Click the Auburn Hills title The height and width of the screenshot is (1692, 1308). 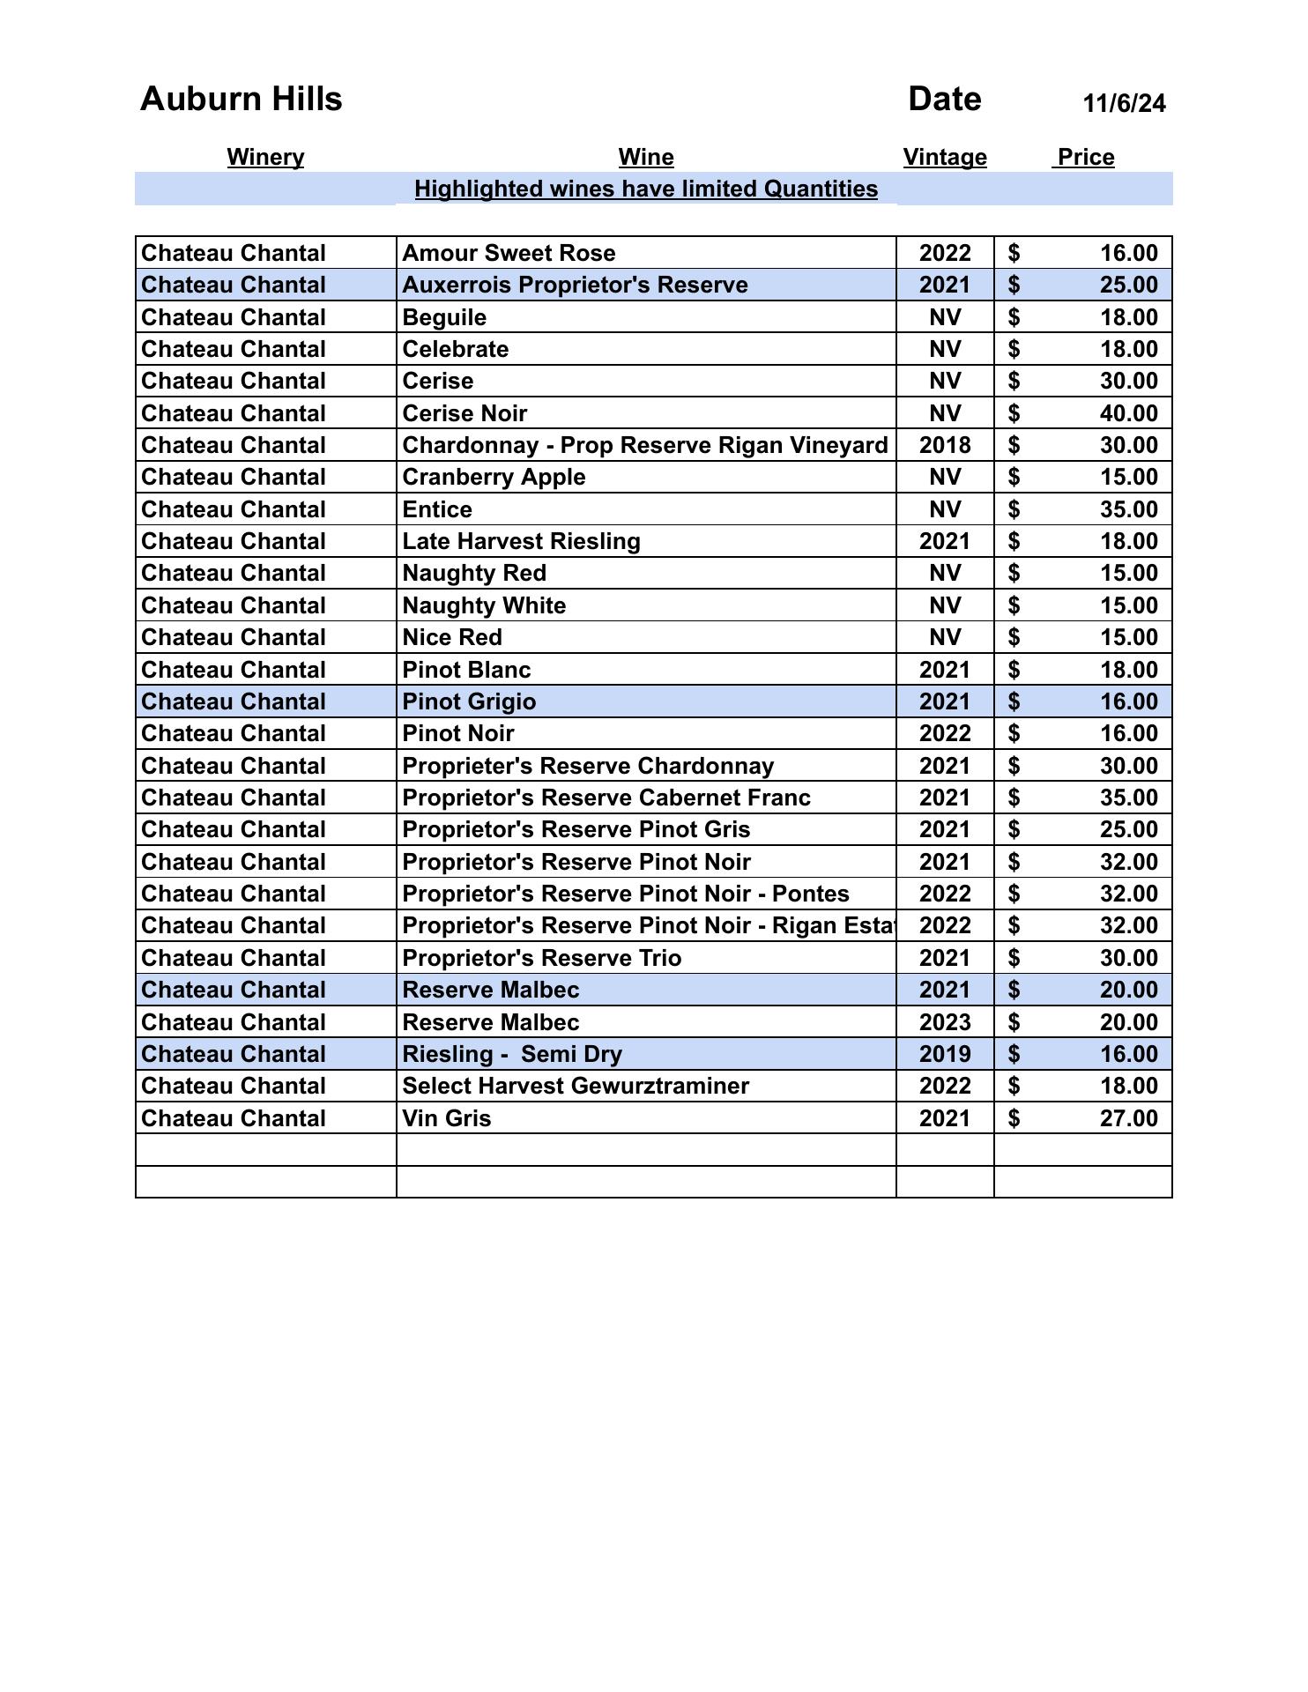pyautogui.click(x=241, y=100)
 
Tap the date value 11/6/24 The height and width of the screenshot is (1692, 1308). pyautogui.click(x=1124, y=104)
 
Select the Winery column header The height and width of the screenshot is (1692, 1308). pyautogui.click(x=265, y=158)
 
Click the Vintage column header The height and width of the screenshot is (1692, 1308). pyautogui.click(x=945, y=158)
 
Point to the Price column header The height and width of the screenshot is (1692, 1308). pyautogui.click(x=1086, y=158)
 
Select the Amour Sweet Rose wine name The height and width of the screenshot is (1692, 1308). pyautogui.click(x=509, y=254)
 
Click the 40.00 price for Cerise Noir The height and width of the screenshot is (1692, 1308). pyautogui.click(x=1128, y=413)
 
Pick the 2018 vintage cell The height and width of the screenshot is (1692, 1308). pyautogui.click(x=945, y=446)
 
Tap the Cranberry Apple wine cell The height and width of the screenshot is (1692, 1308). pyautogui.click(x=494, y=478)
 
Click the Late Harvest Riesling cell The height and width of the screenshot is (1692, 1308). pyautogui.click(x=521, y=542)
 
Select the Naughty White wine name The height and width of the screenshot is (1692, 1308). pyautogui.click(x=484, y=606)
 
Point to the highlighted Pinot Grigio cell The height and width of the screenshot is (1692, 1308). pyautogui.click(x=469, y=702)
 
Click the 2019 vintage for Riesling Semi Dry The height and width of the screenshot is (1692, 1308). pyautogui.click(x=945, y=1055)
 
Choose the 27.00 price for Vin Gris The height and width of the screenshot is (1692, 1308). pyautogui.click(x=1128, y=1119)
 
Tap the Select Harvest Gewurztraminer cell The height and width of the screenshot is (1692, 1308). pyautogui.click(x=576, y=1087)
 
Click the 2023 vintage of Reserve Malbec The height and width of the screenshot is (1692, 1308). pyautogui.click(x=945, y=1023)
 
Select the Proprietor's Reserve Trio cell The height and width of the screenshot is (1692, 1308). pyautogui.click(x=541, y=959)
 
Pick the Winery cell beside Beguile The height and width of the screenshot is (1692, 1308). pyautogui.click(x=234, y=318)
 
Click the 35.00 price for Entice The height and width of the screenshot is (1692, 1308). pyautogui.click(x=1128, y=510)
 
